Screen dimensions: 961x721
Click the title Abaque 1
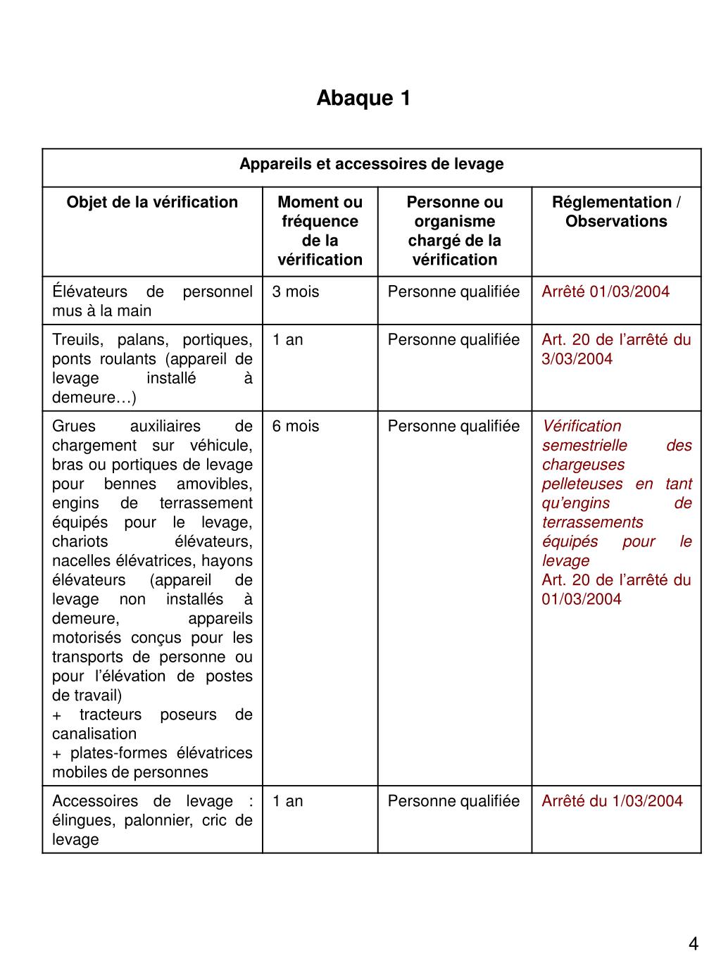pyautogui.click(x=363, y=98)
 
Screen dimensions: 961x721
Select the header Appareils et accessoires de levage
pyautogui.click(x=371, y=164)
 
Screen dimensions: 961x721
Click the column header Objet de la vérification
pyautogui.click(x=152, y=203)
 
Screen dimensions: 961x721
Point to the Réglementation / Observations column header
pyautogui.click(x=616, y=212)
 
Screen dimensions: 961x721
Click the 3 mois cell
pyautogui.click(x=296, y=292)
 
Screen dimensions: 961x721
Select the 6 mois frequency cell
pyautogui.click(x=296, y=427)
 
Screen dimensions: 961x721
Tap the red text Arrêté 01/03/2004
pyautogui.click(x=606, y=292)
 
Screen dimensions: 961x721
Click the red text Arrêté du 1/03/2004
pyautogui.click(x=612, y=801)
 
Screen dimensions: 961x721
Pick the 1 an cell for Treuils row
pyautogui.click(x=288, y=340)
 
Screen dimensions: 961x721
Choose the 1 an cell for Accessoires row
pyautogui.click(x=288, y=801)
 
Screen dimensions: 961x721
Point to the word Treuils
pyautogui.click(x=75, y=340)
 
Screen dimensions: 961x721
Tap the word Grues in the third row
pyautogui.click(x=73, y=427)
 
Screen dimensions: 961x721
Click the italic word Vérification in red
pyautogui.click(x=582, y=427)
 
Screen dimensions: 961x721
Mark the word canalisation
pyautogui.click(x=94, y=734)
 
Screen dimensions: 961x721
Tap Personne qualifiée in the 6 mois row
pyautogui.click(x=453, y=427)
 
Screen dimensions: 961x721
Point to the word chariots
pyautogui.click(x=80, y=542)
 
